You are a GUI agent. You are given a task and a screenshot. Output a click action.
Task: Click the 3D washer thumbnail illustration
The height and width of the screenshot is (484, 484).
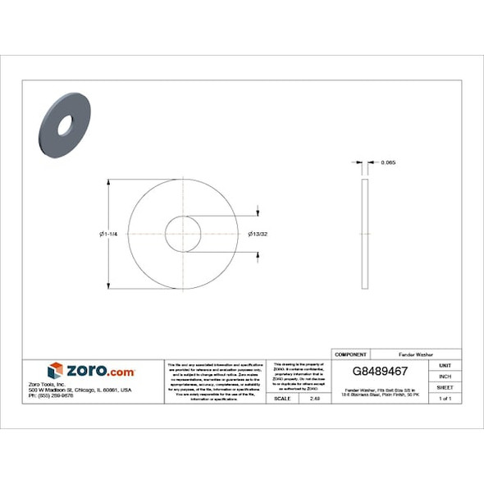pyautogui.click(x=64, y=125)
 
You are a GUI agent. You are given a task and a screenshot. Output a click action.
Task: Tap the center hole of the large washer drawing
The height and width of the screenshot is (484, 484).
pyautogui.click(x=183, y=235)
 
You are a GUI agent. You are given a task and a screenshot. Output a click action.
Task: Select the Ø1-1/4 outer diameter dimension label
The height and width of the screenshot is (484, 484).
pyautogui.click(x=109, y=235)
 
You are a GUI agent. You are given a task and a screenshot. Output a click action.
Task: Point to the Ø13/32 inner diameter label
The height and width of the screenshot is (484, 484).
pyautogui.click(x=259, y=235)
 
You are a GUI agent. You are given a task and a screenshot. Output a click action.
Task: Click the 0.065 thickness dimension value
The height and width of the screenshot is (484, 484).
pyautogui.click(x=389, y=162)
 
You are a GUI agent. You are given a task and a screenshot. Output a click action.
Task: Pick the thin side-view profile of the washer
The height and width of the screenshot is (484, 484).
pyautogui.click(x=365, y=234)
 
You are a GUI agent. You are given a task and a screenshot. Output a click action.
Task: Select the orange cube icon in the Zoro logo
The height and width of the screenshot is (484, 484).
pyautogui.click(x=55, y=371)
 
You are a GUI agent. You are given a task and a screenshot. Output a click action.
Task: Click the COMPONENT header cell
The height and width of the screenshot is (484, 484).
pyautogui.click(x=352, y=354)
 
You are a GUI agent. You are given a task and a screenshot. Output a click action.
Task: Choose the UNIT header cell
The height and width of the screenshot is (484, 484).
pyautogui.click(x=445, y=365)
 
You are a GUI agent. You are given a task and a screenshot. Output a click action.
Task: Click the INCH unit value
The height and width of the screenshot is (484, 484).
pyautogui.click(x=445, y=376)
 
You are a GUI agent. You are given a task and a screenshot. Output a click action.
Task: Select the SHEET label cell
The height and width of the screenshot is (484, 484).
pyautogui.click(x=445, y=386)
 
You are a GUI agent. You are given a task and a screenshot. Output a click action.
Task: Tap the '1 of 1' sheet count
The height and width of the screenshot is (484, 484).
pyautogui.click(x=445, y=398)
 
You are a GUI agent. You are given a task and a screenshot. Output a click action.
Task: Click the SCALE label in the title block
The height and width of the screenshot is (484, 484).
pyautogui.click(x=281, y=398)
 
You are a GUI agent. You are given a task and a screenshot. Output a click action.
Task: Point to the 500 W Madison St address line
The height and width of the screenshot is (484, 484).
pyautogui.click(x=80, y=390)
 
